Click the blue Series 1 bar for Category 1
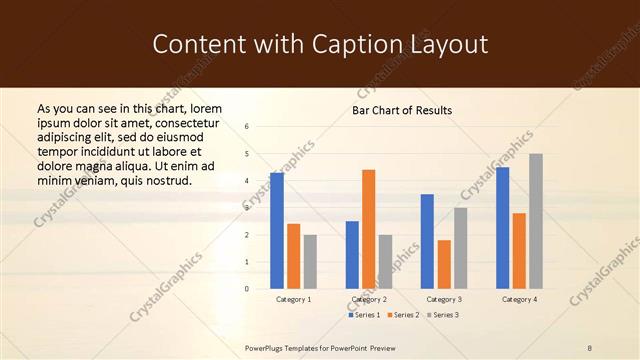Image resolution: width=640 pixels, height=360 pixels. coord(277,231)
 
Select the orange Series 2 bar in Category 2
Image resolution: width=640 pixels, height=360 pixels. coord(368,229)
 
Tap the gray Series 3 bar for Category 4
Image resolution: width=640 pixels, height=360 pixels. coord(536,221)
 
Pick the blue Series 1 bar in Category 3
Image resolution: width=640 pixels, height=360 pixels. coord(427,241)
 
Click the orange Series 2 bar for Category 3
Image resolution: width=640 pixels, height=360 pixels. coord(444,264)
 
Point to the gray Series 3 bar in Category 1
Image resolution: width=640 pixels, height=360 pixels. coord(310,262)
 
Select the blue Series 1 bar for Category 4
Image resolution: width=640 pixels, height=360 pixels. coord(502,228)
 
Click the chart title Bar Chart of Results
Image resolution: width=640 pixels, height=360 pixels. coord(402,110)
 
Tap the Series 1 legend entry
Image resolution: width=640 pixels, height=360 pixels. coord(364,315)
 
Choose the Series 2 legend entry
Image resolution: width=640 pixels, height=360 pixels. coord(402,315)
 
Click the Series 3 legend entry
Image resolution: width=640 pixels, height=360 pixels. coord(441,315)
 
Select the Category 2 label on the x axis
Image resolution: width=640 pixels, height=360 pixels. coord(369,299)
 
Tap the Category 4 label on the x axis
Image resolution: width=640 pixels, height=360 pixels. coord(519,299)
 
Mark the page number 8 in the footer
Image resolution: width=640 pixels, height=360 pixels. coord(589,347)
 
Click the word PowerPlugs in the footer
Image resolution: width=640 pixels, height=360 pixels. coord(268,347)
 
